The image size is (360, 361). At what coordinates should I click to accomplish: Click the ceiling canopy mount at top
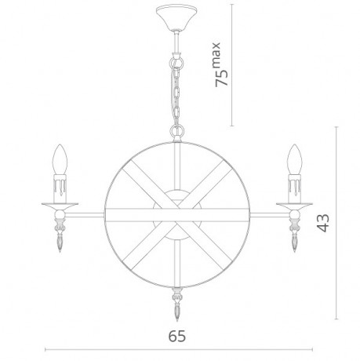pyautogui.click(x=174, y=16)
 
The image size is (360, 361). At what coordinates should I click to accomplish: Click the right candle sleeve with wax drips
pyautogui.click(x=294, y=188)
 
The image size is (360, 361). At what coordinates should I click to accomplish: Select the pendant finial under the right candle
pyautogui.click(x=296, y=235)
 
